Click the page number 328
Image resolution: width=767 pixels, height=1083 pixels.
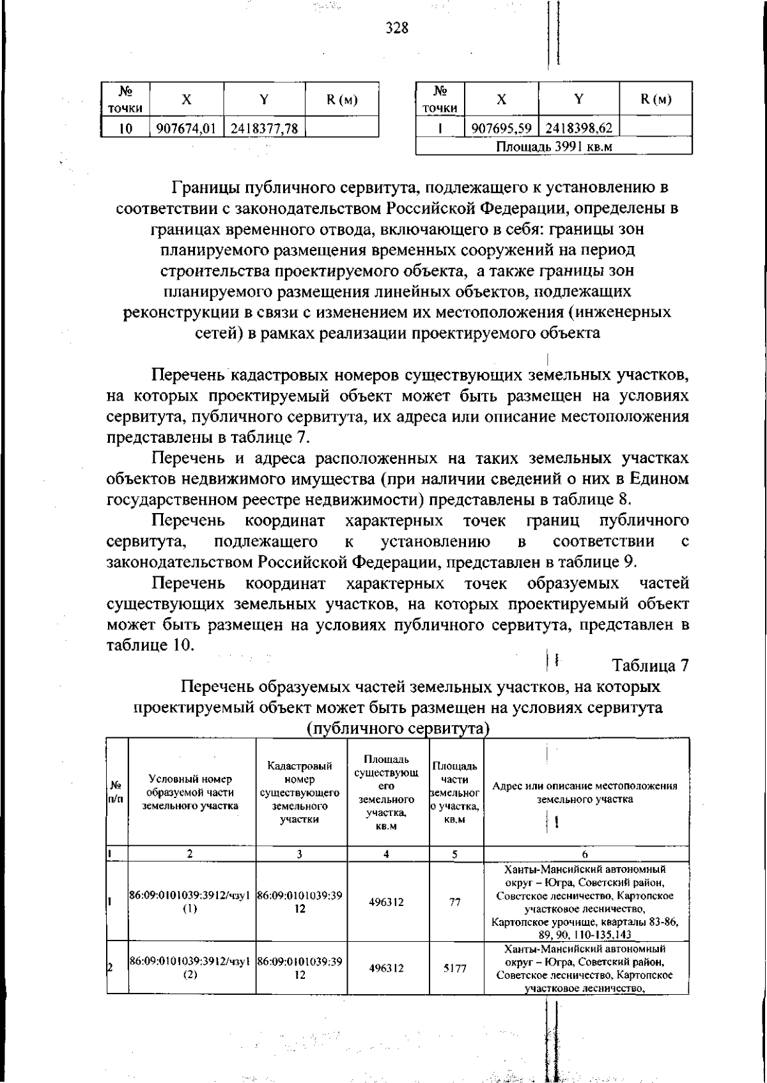[x=397, y=27]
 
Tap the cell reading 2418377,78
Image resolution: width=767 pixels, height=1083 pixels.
[x=264, y=128]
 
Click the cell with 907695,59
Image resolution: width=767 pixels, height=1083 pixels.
[x=502, y=128]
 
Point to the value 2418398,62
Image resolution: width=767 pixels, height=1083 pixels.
[x=579, y=128]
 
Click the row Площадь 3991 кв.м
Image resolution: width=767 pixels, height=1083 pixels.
[x=554, y=146]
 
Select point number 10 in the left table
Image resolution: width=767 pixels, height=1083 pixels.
[x=125, y=128]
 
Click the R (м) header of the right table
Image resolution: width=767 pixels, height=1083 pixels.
[x=656, y=99]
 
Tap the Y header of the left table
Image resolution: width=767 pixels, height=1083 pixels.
[x=264, y=100]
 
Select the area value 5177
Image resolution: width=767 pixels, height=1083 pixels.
[x=454, y=968]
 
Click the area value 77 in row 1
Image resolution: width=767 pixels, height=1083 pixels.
[x=454, y=902]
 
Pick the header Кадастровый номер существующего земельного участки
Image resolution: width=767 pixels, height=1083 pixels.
[x=300, y=792]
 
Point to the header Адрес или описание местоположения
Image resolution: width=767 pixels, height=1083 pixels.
[x=585, y=792]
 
